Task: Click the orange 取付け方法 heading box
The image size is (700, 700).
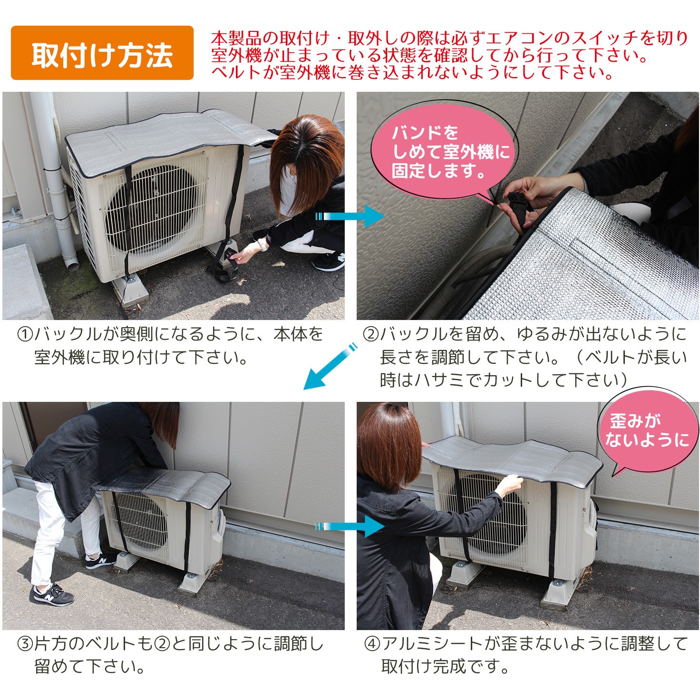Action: coord(102,53)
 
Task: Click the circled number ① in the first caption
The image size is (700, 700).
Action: coord(24,335)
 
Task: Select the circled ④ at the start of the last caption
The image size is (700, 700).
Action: coord(371,644)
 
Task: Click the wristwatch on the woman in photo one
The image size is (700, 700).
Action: coord(261,245)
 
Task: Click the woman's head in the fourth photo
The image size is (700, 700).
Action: coord(390,437)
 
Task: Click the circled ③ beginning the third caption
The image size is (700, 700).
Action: coord(24,644)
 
